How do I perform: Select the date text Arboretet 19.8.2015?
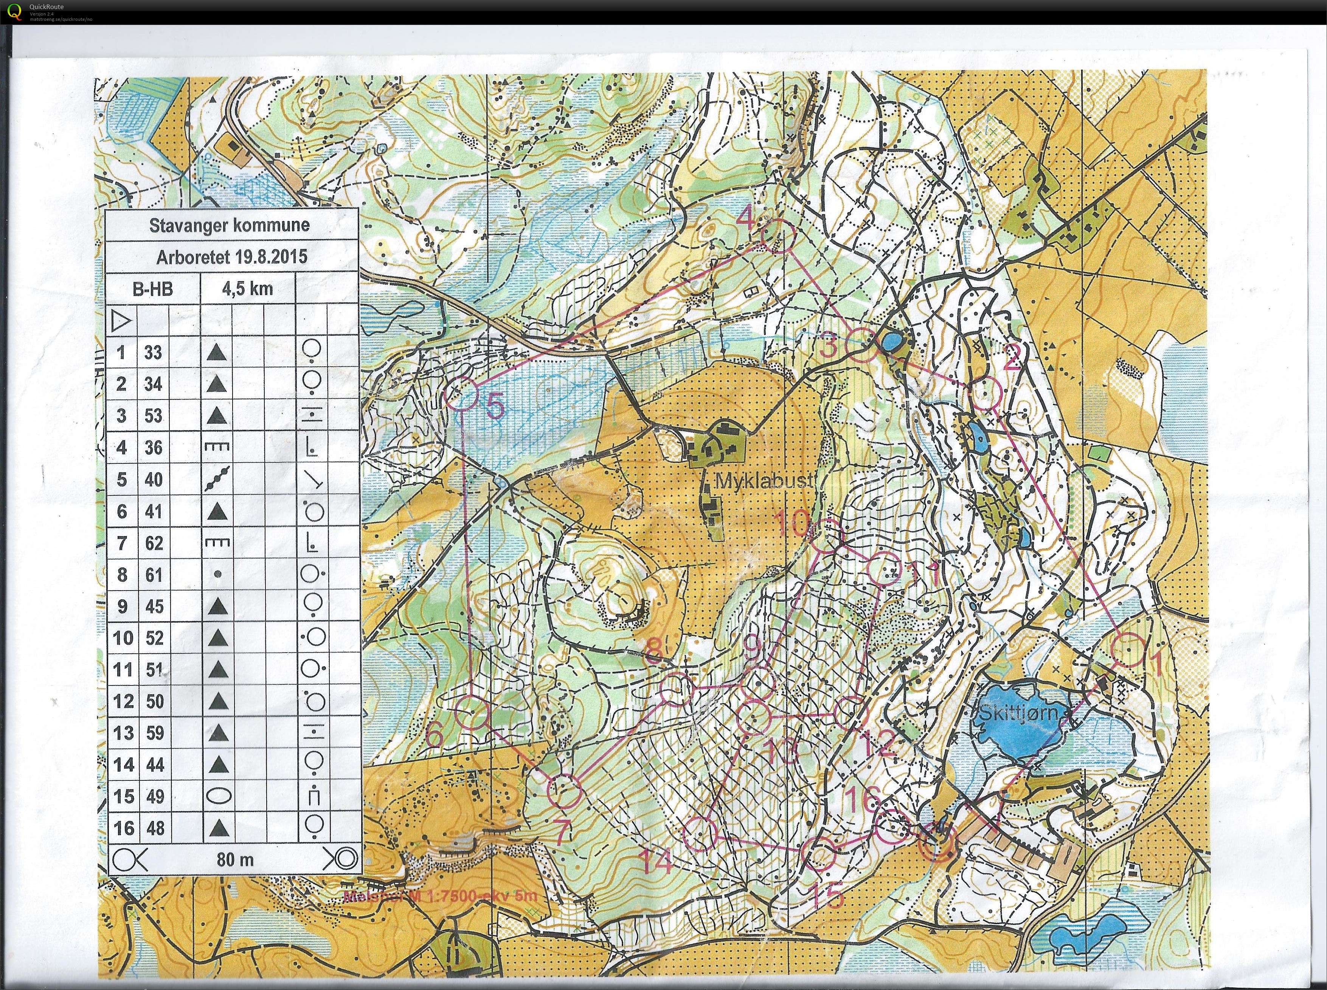pyautogui.click(x=231, y=257)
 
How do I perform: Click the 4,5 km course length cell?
pyautogui.click(x=247, y=289)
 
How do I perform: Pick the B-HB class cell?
pyautogui.click(x=153, y=289)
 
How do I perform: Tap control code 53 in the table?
pyautogui.click(x=154, y=415)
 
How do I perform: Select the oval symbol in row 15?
pyautogui.click(x=219, y=796)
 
